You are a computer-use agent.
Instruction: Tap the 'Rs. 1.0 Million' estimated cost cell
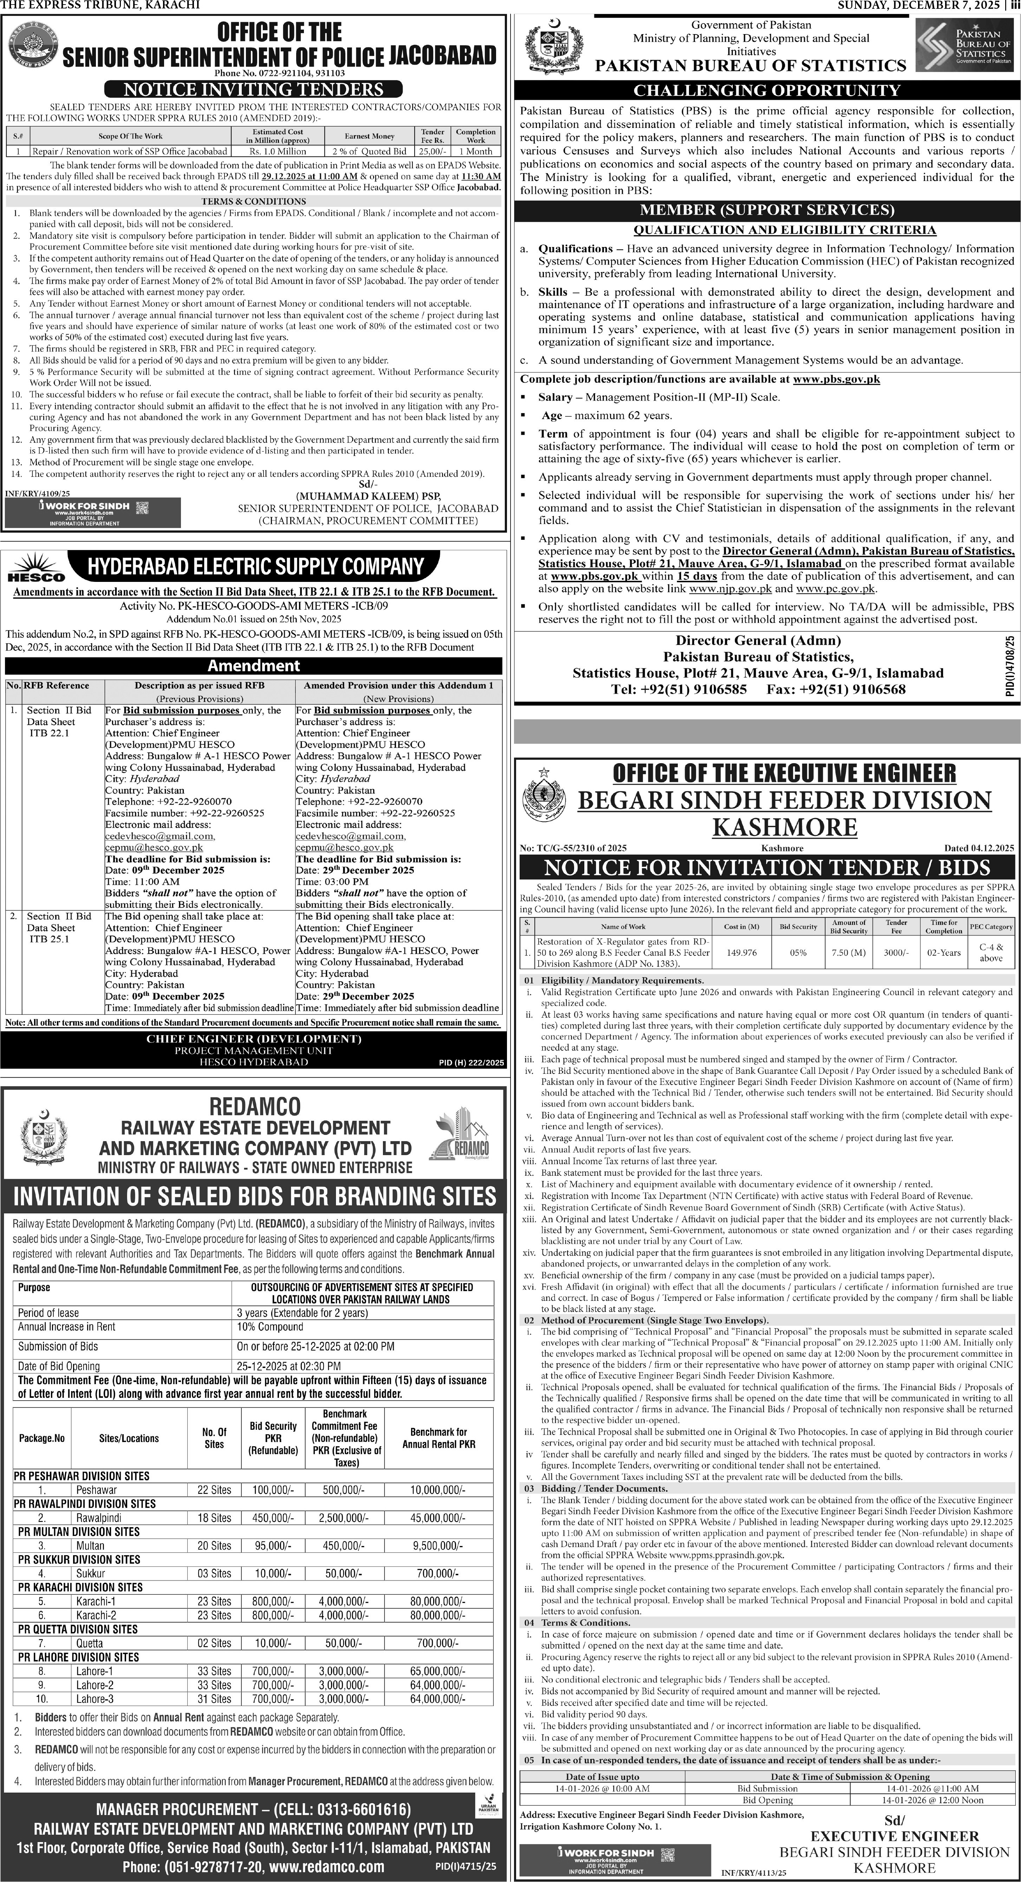(x=278, y=151)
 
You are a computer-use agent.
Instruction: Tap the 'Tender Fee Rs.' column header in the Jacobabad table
(x=433, y=136)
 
